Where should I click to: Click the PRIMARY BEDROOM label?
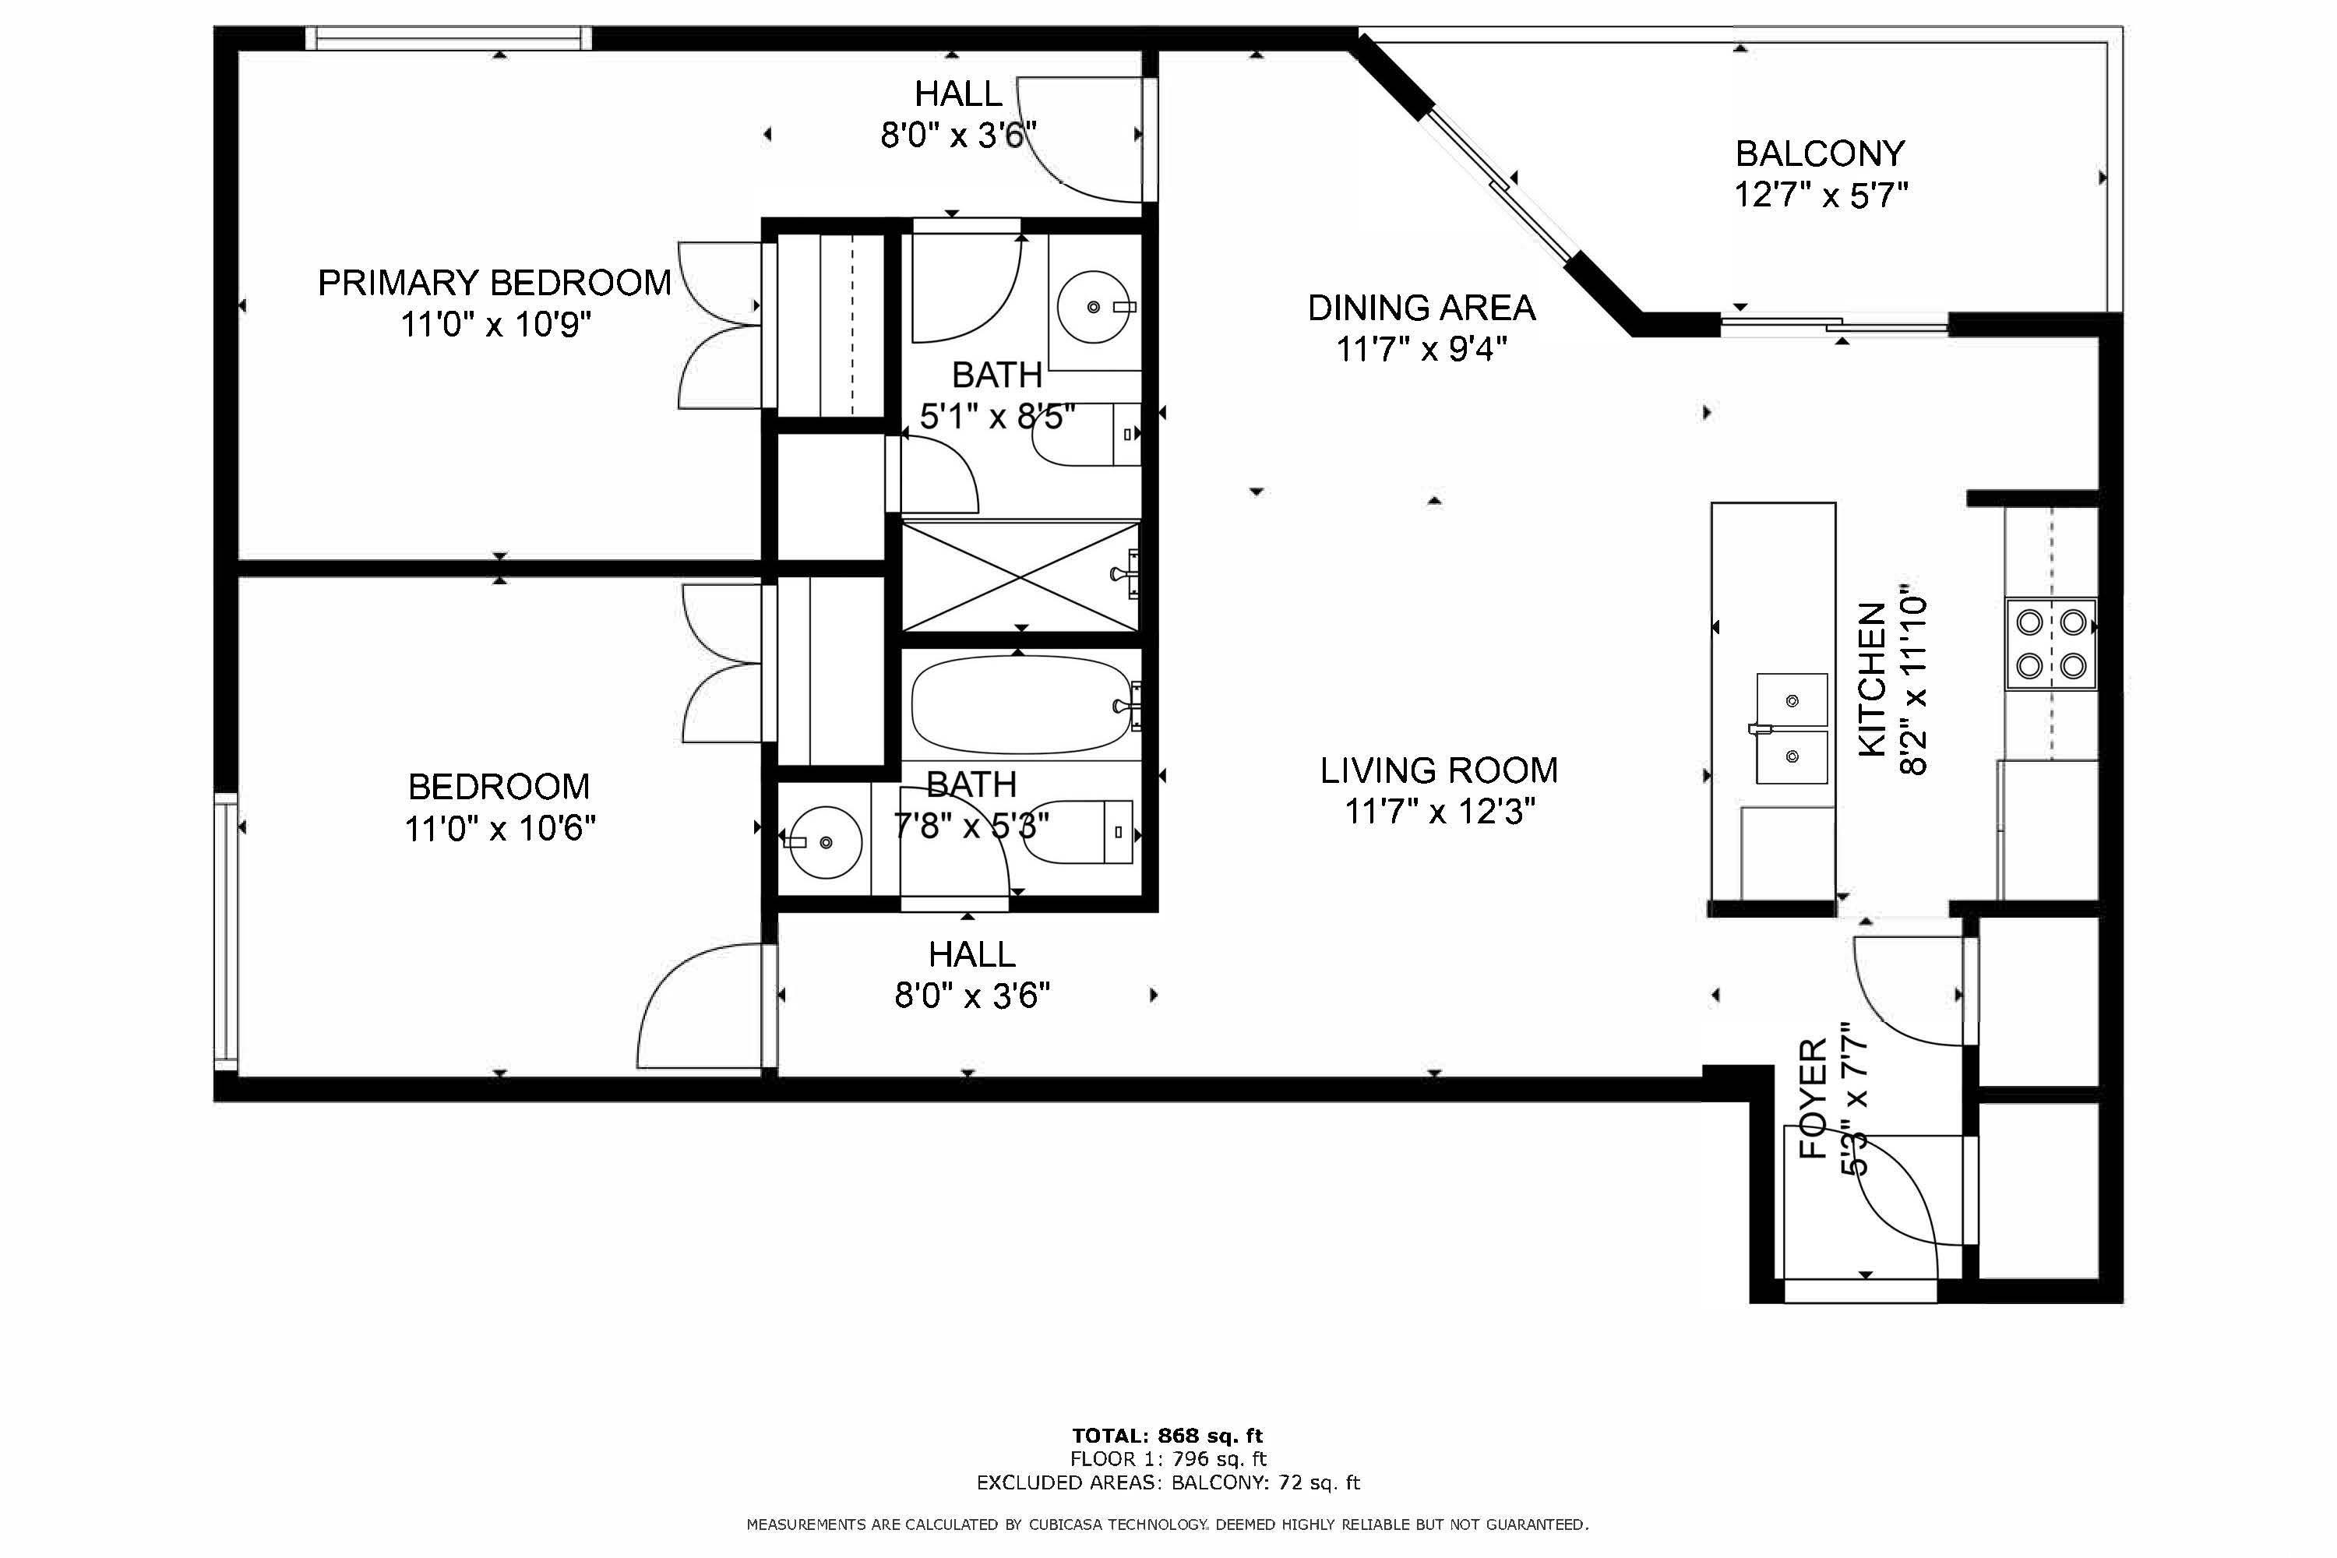click(494, 284)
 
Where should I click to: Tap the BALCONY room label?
click(1821, 154)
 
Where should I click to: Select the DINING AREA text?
click(1421, 308)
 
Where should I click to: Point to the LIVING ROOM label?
click(1439, 770)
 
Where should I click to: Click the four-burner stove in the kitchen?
click(2051, 644)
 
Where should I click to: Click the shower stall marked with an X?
click(1020, 576)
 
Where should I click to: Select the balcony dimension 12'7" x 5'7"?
click(1821, 195)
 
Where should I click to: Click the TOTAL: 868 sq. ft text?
click(1168, 1436)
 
